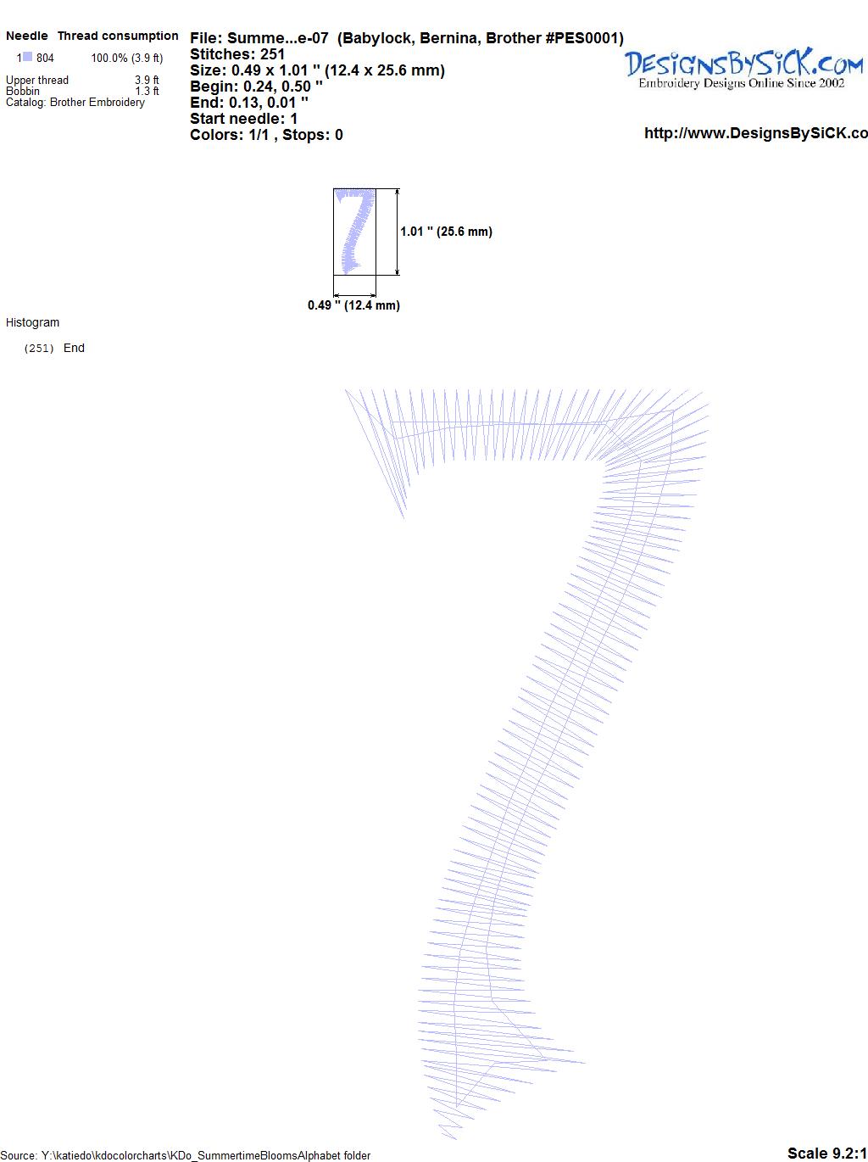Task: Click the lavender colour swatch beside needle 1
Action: pos(27,56)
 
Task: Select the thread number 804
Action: pos(45,58)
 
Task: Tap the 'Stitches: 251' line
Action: pos(237,54)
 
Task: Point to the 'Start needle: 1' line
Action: pos(243,119)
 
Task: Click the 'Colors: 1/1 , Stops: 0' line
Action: pos(266,135)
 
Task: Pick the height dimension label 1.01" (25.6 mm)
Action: pos(446,232)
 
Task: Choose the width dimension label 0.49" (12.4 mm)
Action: pos(353,305)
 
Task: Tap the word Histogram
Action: pos(32,322)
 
